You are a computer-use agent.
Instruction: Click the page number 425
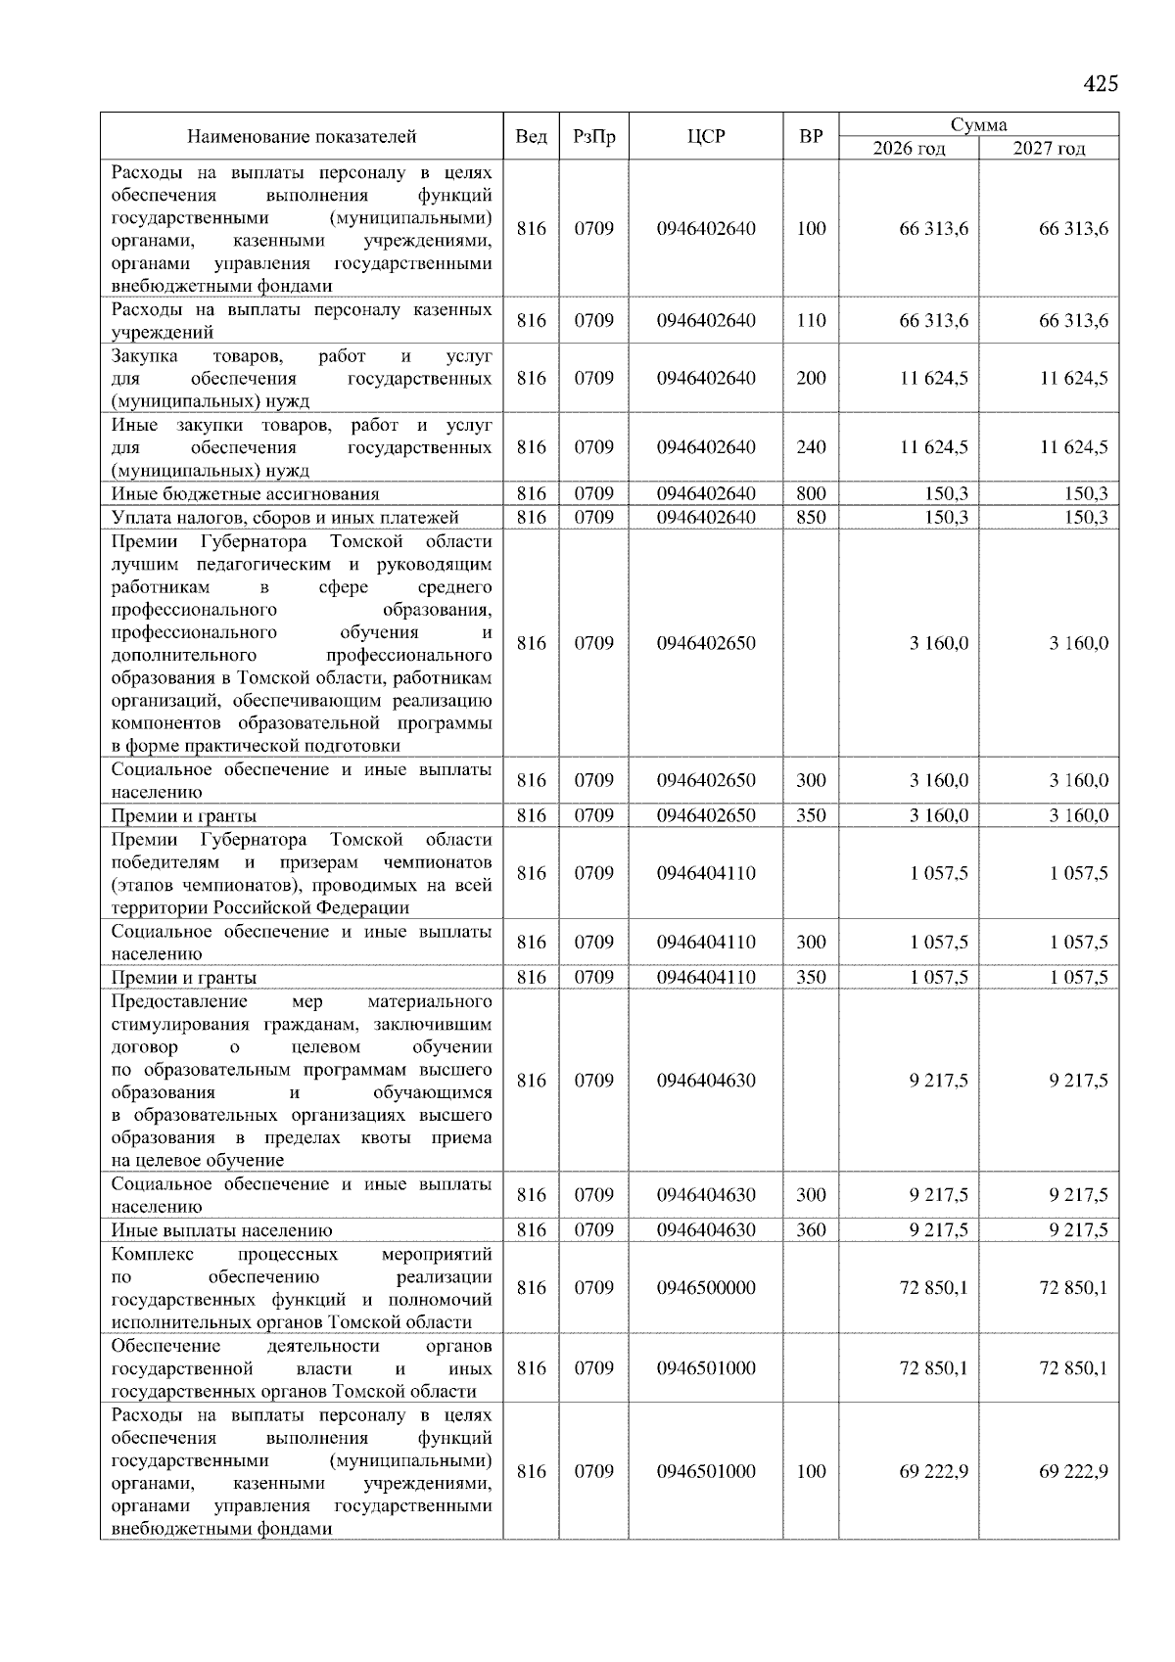[x=1100, y=84]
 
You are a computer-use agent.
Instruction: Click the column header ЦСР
[x=705, y=136]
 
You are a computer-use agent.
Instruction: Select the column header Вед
[x=531, y=136]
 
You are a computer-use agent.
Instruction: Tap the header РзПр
[x=593, y=136]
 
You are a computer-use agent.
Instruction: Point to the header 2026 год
[x=909, y=149]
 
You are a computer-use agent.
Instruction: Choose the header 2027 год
[x=1049, y=149]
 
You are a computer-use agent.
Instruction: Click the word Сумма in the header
[x=978, y=124]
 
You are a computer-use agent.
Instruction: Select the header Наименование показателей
[x=302, y=136]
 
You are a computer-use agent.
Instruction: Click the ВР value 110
[x=811, y=320]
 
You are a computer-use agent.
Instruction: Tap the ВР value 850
[x=811, y=517]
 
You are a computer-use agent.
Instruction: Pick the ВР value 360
[x=811, y=1229]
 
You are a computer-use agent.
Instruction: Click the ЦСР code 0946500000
[x=706, y=1287]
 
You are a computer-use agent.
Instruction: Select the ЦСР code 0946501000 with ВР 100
[x=706, y=1471]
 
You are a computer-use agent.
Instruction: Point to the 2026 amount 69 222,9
[x=933, y=1471]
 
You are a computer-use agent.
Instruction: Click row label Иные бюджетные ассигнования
[x=245, y=494]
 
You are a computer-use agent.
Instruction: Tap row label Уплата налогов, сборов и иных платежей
[x=285, y=518]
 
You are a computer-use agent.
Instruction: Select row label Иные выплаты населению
[x=222, y=1230]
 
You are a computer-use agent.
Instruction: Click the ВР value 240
[x=811, y=446]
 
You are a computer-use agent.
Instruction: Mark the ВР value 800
[x=811, y=493]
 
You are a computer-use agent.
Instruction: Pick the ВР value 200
[x=811, y=378]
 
